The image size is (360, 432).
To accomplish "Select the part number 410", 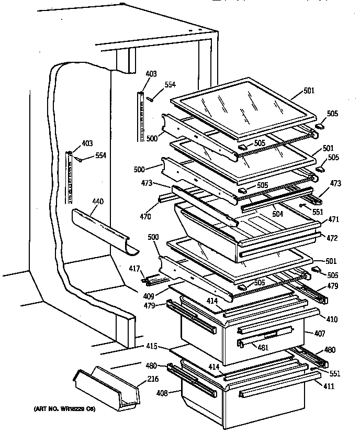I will (x=333, y=319).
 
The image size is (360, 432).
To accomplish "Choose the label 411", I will (x=330, y=386).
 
